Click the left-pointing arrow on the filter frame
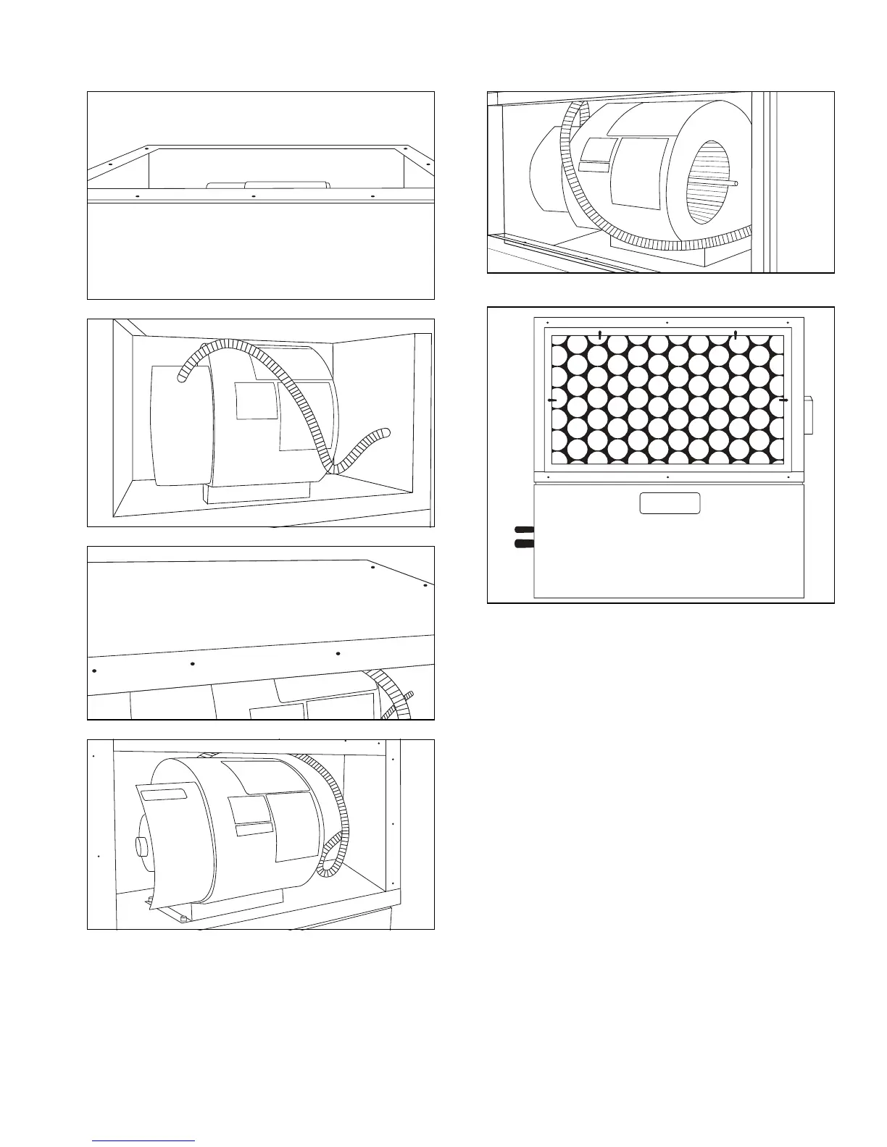[x=552, y=400]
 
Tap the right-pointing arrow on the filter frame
[x=783, y=400]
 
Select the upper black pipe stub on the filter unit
[x=524, y=530]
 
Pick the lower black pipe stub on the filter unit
[x=524, y=543]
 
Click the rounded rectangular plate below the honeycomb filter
[x=670, y=503]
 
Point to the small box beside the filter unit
[x=808, y=415]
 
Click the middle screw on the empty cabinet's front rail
[x=254, y=196]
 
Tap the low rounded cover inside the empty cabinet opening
[x=269, y=185]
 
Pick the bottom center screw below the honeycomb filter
[x=666, y=477]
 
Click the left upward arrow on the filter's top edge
[x=600, y=333]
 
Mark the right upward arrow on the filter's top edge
[x=736, y=333]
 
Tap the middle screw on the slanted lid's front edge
[x=193, y=664]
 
